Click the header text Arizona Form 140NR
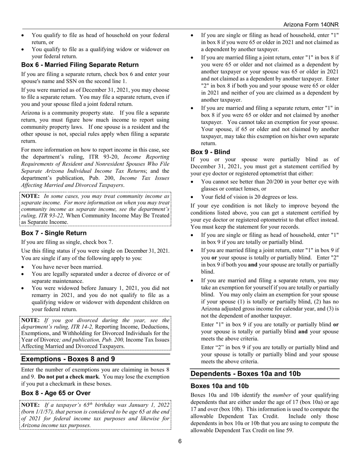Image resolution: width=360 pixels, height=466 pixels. coord(311,24)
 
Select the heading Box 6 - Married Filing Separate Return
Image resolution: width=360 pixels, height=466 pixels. coord(80,65)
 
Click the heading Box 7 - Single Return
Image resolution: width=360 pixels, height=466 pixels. coord(54,233)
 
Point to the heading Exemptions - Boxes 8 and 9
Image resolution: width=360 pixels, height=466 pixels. coord(68,359)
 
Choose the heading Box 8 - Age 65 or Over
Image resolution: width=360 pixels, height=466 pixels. coord(56,393)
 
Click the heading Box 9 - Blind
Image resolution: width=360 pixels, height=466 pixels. coord(210,152)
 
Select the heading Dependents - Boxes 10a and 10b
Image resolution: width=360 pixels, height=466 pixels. coord(246,374)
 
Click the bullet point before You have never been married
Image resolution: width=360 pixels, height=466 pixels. coord(24,267)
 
